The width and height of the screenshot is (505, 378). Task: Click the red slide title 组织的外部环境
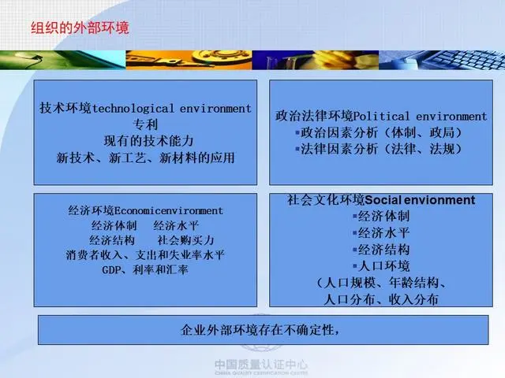[80, 28]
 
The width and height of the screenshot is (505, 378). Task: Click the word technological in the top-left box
[133, 109]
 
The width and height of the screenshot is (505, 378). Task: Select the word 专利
[145, 124]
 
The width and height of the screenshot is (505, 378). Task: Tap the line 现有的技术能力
[148, 141]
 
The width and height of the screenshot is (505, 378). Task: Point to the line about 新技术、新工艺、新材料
[145, 157]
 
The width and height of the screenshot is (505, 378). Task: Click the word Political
[382, 116]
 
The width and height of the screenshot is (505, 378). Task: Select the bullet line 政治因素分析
[379, 132]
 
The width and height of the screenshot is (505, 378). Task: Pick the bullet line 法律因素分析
[379, 149]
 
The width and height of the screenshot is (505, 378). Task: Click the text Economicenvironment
[168, 211]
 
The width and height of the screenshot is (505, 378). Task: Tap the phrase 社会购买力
[186, 240]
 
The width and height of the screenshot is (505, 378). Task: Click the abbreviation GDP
[111, 269]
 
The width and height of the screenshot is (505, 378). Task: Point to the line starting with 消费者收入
[145, 255]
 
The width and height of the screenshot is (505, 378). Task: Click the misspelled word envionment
[440, 200]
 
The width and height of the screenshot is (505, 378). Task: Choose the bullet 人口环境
[381, 266]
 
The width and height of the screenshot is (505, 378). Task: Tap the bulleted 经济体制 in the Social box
[381, 216]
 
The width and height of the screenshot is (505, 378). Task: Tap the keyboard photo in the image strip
[442, 60]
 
